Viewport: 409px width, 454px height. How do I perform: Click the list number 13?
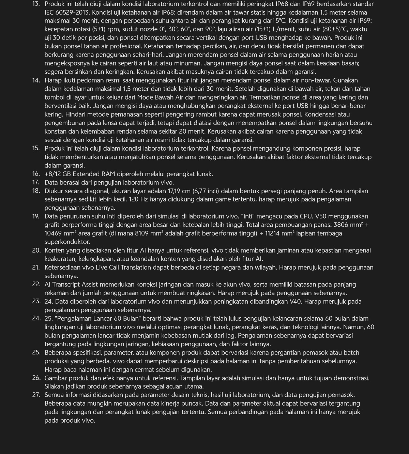coord(36,4)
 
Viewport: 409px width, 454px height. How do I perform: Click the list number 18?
coord(36,191)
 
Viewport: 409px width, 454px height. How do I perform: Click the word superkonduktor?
coord(67,242)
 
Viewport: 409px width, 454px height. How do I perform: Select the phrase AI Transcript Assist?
coord(78,285)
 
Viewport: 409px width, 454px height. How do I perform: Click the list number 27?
coord(36,395)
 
